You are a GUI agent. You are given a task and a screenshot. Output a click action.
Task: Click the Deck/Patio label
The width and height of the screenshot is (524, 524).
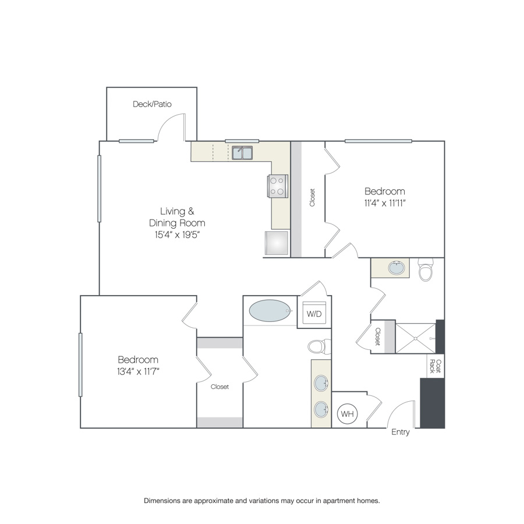point(152,104)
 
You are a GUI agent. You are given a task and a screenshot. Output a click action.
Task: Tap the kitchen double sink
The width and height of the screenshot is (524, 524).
point(242,153)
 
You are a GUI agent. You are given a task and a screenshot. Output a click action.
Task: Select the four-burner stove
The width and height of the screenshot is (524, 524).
point(278,186)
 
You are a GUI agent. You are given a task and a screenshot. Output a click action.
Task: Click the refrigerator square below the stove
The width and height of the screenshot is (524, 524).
point(277,243)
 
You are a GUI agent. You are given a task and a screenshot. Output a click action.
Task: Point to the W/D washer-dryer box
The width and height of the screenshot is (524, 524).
point(314,313)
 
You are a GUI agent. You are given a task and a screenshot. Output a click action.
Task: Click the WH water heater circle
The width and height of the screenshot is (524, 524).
point(347,414)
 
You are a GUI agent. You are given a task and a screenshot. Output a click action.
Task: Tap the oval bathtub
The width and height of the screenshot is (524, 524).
point(270,311)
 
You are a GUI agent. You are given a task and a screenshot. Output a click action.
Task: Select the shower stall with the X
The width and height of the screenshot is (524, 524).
point(415,338)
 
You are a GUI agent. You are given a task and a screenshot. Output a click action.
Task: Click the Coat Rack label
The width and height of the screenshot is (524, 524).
point(435,366)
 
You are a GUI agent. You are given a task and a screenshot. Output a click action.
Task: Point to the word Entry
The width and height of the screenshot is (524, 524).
point(401,432)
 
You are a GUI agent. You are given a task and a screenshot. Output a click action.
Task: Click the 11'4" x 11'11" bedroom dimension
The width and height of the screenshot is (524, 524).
point(385,203)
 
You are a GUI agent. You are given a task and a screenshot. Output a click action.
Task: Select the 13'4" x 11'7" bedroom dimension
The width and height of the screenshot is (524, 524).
point(138,371)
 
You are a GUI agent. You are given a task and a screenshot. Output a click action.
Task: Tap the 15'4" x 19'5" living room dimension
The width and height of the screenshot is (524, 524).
point(177,235)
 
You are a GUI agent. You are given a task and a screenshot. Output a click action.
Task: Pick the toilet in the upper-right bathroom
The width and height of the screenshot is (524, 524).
point(426,270)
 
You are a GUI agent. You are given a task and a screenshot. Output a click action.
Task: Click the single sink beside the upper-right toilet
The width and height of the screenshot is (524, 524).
point(396,268)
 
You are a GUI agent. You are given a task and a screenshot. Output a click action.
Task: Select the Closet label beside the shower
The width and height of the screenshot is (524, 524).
point(378,337)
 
